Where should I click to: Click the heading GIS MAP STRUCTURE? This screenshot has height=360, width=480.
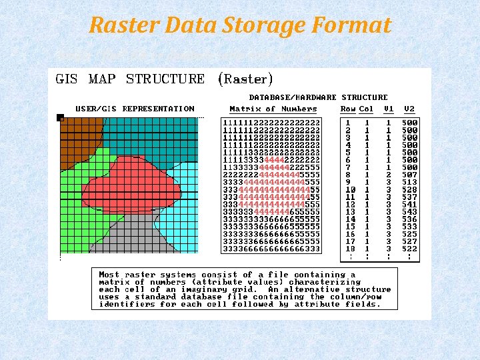click(x=130, y=79)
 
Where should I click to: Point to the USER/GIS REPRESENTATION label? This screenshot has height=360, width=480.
click(x=135, y=109)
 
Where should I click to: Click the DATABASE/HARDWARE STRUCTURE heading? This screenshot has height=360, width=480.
click(x=318, y=97)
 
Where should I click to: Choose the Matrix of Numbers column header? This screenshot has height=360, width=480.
click(x=273, y=109)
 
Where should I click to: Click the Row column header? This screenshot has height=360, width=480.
click(x=348, y=109)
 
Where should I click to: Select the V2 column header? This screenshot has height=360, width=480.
click(x=409, y=109)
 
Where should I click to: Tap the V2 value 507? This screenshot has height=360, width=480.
click(x=409, y=175)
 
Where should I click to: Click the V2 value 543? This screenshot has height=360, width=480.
click(x=409, y=211)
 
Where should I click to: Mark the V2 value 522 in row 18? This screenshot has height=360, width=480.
click(x=409, y=248)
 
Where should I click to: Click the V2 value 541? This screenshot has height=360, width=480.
click(x=409, y=204)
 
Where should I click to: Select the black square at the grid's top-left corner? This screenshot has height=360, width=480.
click(x=60, y=118)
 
